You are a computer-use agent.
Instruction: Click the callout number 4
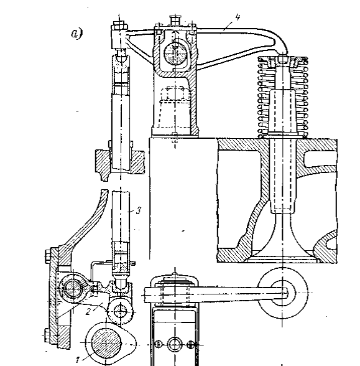(238, 17)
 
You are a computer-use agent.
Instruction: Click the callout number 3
(139, 211)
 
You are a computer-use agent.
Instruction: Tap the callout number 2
(88, 312)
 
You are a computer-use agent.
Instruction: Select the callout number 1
(78, 360)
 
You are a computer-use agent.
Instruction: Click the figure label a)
(76, 34)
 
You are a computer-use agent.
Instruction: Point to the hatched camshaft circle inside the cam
(106, 342)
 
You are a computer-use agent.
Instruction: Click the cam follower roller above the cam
(121, 311)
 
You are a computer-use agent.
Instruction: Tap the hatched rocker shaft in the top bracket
(175, 54)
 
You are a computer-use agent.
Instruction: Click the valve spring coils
(283, 98)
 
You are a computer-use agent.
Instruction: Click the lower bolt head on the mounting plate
(47, 335)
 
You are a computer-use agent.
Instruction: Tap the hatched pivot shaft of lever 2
(73, 288)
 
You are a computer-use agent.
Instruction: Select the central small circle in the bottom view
(175, 344)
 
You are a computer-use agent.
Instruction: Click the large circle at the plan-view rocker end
(282, 293)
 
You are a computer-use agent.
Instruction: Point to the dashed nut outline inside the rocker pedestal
(175, 93)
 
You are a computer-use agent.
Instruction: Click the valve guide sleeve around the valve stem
(282, 152)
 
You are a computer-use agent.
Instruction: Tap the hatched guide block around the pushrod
(120, 166)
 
